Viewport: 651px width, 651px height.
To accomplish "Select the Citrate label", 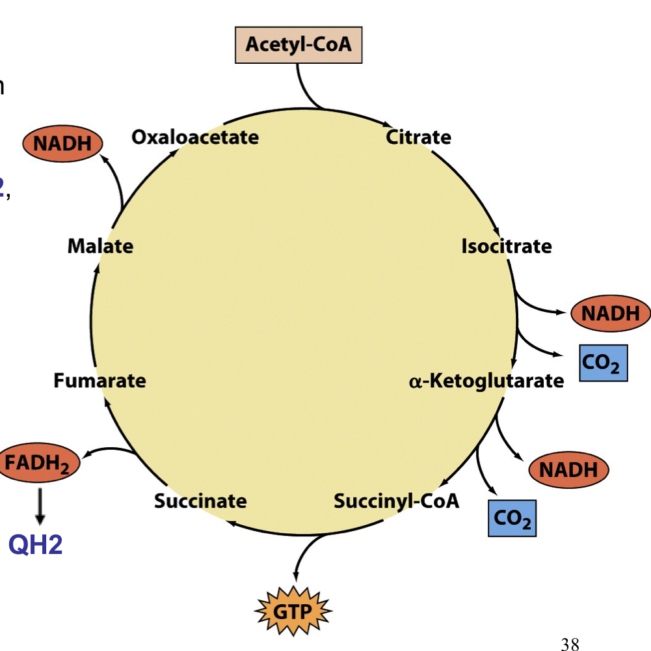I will point(418,137).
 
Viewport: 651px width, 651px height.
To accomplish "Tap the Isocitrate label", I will point(506,247).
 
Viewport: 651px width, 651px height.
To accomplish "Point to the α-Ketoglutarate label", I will point(486,381).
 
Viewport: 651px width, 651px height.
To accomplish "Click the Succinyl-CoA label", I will point(396,501).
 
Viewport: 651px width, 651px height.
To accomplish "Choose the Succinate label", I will point(200,501).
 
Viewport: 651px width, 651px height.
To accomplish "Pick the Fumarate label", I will point(100,380).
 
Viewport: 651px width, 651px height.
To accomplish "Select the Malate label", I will point(100,246).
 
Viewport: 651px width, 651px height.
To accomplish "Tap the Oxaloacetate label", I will point(194,137).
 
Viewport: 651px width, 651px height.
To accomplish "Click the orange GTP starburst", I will point(292,611).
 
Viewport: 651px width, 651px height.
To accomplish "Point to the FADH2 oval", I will point(39,464).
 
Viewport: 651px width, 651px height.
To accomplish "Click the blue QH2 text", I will point(36,544).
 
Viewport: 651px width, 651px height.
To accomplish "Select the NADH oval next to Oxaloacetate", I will point(63,144).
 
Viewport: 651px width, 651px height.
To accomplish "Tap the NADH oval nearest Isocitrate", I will point(610,314).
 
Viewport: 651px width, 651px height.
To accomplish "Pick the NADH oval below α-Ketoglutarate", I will point(568,469).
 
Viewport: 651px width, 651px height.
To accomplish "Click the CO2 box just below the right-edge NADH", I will point(603,363).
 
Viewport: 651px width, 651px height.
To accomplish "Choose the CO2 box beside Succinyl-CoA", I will point(512,518).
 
